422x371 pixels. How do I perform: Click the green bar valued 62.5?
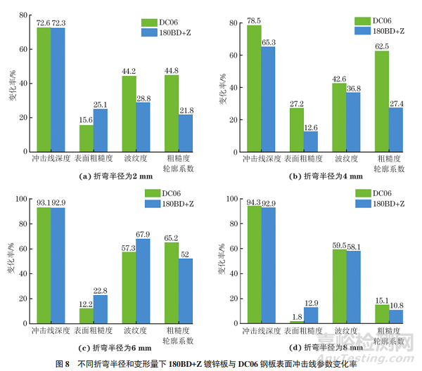pos(381,99)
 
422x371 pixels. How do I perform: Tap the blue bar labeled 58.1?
pos(353,287)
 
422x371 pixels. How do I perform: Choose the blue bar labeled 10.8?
pos(395,317)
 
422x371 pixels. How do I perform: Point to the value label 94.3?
pos(253,203)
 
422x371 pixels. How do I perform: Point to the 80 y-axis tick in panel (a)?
pos(23,15)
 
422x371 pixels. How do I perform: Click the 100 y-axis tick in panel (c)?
pos(21,199)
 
